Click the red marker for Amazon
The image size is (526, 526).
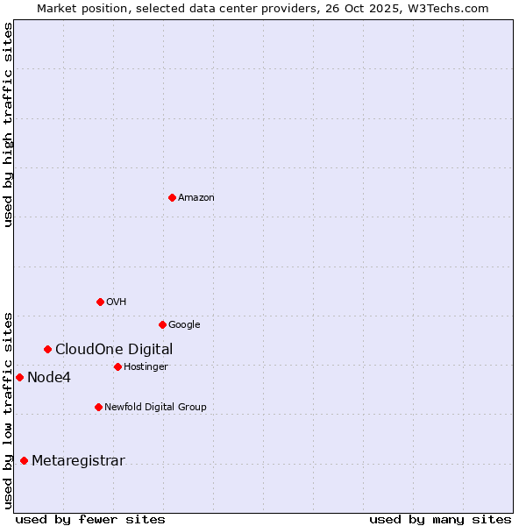pyautogui.click(x=172, y=197)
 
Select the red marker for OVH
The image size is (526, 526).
pyautogui.click(x=100, y=302)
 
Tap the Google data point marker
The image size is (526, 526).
pyautogui.click(x=162, y=324)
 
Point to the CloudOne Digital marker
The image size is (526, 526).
pyautogui.click(x=47, y=349)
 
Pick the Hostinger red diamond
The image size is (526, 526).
pyautogui.click(x=117, y=366)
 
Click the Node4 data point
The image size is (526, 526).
pyautogui.click(x=19, y=377)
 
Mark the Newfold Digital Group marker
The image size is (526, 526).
pyautogui.click(x=98, y=407)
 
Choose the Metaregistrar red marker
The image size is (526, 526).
pyautogui.click(x=24, y=460)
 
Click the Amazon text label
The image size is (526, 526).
pyautogui.click(x=196, y=198)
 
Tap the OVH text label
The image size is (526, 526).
pyautogui.click(x=117, y=302)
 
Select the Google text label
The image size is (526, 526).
pyautogui.click(x=184, y=325)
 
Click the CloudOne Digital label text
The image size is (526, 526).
pyautogui.click(x=114, y=350)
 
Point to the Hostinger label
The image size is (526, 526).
pyautogui.click(x=146, y=367)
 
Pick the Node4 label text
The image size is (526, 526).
pyautogui.click(x=49, y=378)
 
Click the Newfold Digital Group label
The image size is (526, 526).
pyautogui.click(x=155, y=408)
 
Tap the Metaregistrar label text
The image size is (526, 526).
pyautogui.click(x=78, y=461)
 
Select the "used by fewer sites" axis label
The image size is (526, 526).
pyautogui.click(x=90, y=519)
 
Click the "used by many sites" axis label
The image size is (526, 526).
pyautogui.click(x=440, y=519)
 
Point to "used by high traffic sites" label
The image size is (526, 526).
pyautogui.click(x=8, y=124)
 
